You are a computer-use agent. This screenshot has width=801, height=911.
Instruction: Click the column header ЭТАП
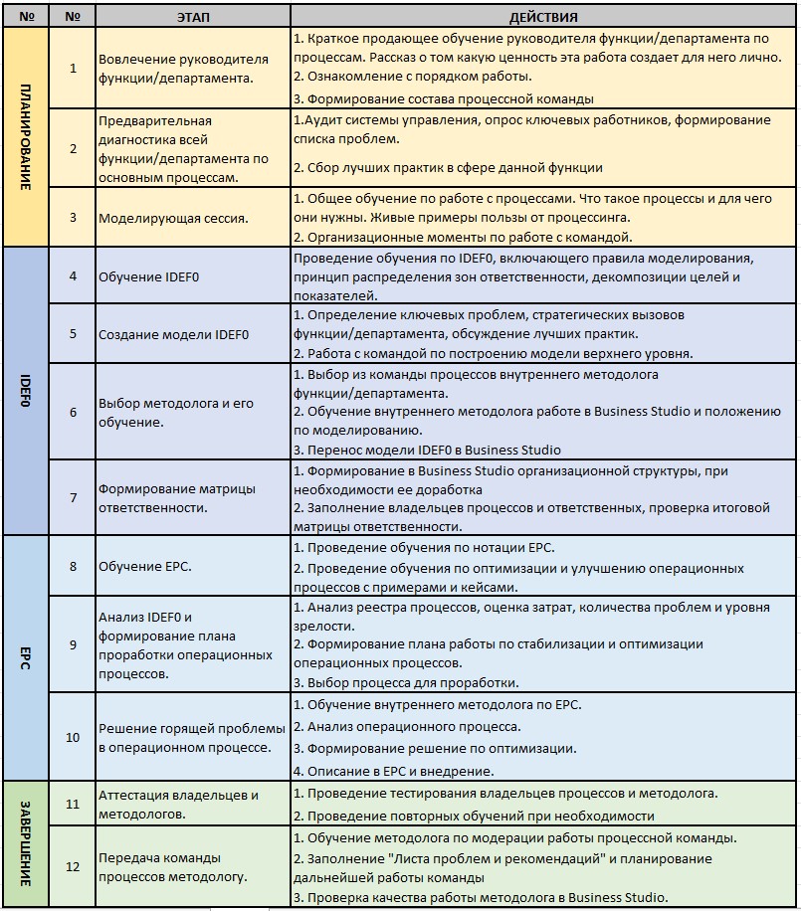click(x=193, y=17)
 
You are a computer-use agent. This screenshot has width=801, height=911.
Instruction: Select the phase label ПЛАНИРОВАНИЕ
click(x=26, y=137)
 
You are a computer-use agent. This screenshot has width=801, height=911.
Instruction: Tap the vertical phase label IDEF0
click(x=26, y=391)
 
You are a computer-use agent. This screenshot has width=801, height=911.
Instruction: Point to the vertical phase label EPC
click(x=26, y=657)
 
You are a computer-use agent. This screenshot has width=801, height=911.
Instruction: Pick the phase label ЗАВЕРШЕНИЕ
click(x=26, y=843)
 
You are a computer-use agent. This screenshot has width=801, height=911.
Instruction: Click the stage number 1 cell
click(x=73, y=68)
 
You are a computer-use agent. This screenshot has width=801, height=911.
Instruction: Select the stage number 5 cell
click(x=73, y=334)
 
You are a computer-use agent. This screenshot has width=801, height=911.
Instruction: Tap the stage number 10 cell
click(x=73, y=737)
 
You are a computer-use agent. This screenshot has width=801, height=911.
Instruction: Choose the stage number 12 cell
click(x=73, y=866)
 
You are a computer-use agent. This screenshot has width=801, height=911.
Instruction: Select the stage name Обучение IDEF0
click(x=149, y=275)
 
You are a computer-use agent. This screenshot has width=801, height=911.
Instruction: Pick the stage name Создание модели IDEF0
click(x=164, y=334)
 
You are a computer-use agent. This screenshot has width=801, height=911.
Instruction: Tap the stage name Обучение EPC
click(x=145, y=566)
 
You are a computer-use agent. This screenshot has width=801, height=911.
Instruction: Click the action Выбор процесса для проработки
click(x=406, y=682)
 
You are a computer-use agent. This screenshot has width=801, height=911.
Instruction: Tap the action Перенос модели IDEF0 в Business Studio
click(x=427, y=450)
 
